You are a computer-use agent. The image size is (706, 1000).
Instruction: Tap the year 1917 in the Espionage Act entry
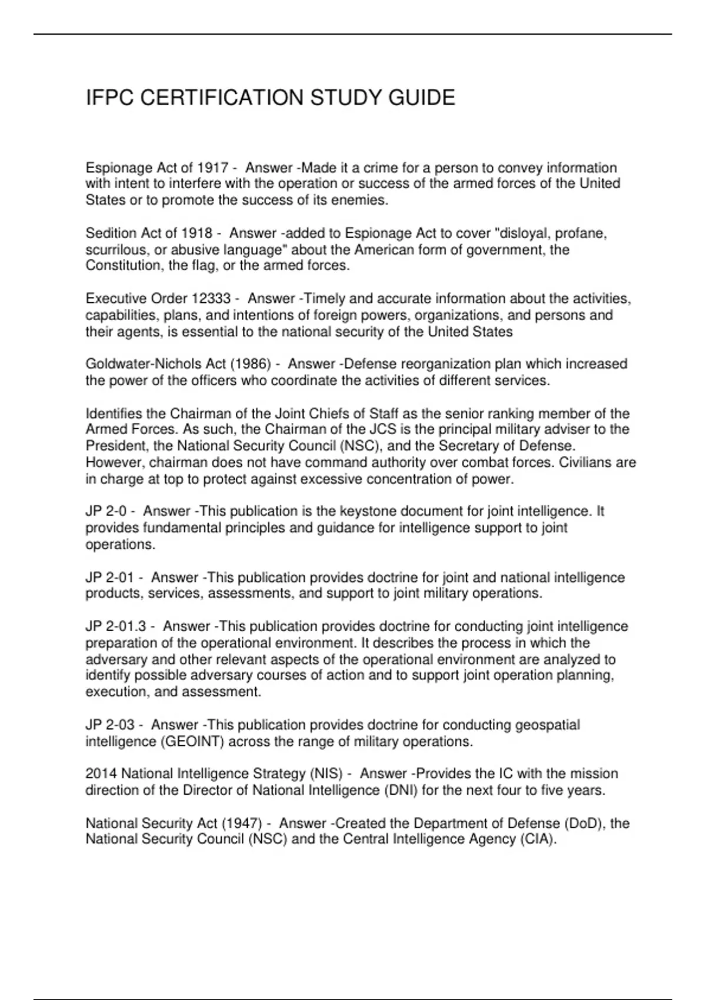212,168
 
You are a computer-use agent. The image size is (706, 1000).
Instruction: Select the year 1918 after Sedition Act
197,234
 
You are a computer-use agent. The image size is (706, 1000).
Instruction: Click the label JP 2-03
110,725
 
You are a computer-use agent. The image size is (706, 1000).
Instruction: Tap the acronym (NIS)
325,774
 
